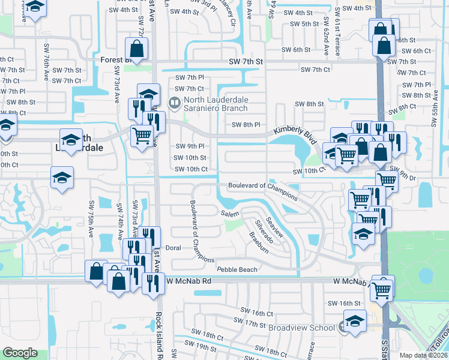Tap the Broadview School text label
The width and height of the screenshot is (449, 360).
coord(302,328)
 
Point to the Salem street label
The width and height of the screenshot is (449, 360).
coord(229,214)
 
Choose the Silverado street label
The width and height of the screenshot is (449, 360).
coord(264,231)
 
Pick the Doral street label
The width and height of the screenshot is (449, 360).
coord(173,247)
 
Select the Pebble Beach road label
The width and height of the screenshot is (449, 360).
coord(237,270)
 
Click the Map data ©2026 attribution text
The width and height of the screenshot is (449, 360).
coord(423,355)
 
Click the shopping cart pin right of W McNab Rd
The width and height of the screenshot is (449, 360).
coord(382,290)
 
